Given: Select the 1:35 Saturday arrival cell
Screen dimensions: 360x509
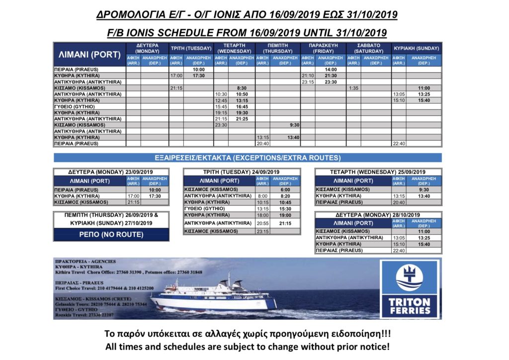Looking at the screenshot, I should click(353, 88).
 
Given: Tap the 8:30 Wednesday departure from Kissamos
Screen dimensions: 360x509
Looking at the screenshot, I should click(242, 88).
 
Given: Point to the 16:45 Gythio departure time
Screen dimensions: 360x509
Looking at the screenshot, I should click(242, 106).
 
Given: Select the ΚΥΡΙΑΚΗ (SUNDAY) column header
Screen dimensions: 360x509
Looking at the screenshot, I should click(416, 48).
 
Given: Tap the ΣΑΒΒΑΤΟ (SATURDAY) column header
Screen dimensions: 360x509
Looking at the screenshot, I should click(368, 48).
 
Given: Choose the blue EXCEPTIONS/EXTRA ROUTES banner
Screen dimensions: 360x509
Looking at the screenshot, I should click(247, 158).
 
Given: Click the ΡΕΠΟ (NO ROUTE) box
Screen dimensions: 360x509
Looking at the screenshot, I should click(111, 234).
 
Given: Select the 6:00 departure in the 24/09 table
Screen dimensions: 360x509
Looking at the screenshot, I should click(285, 189).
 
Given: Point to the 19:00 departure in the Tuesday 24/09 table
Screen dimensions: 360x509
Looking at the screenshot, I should click(285, 215).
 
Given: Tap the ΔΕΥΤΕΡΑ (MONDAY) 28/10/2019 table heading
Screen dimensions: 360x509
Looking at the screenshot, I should click(378, 215).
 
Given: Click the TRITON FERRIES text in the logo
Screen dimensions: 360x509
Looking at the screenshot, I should click(410, 306).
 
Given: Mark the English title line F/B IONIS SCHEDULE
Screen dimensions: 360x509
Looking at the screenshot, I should click(247, 32).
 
